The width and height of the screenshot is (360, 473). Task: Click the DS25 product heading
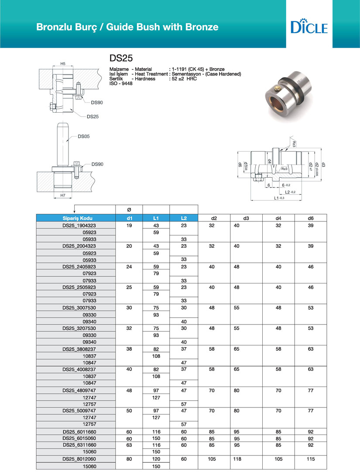tap(121, 58)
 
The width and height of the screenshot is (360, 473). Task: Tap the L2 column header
tap(184, 218)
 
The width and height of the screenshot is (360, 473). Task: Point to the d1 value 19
tap(129, 225)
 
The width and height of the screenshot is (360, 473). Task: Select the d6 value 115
tap(311, 459)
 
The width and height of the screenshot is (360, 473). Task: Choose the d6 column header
tap(311, 218)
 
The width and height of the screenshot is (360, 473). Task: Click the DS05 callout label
tap(83, 137)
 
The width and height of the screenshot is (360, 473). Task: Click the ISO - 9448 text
tap(120, 83)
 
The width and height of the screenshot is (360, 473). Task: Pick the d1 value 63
tap(129, 445)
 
